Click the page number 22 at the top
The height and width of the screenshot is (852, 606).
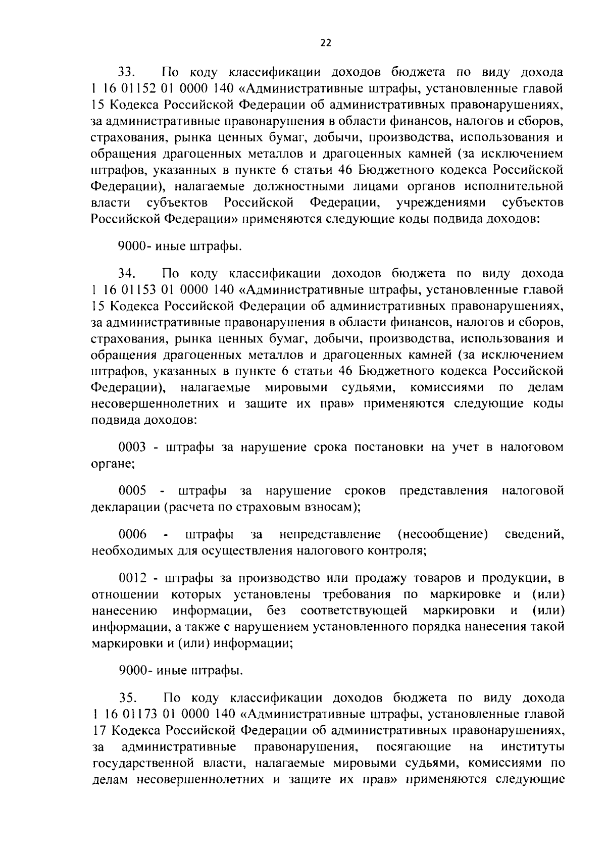pos(326,43)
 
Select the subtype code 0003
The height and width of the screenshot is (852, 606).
pos(132,447)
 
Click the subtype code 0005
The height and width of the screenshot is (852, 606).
pos(132,491)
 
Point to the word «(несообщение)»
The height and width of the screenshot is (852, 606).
pos(442,534)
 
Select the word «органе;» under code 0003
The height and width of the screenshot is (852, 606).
pos(113,464)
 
